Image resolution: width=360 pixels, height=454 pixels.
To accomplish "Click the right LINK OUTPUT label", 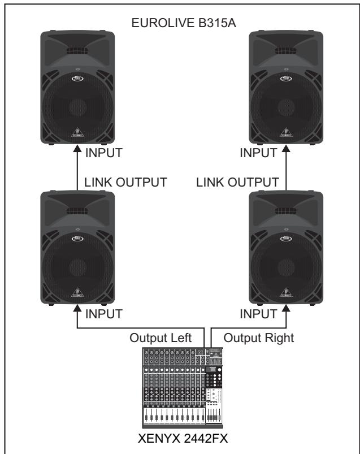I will (238, 182).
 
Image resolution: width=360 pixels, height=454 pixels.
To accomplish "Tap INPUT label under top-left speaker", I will (103, 153).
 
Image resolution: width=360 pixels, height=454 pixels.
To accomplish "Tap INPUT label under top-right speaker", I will (258, 153).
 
